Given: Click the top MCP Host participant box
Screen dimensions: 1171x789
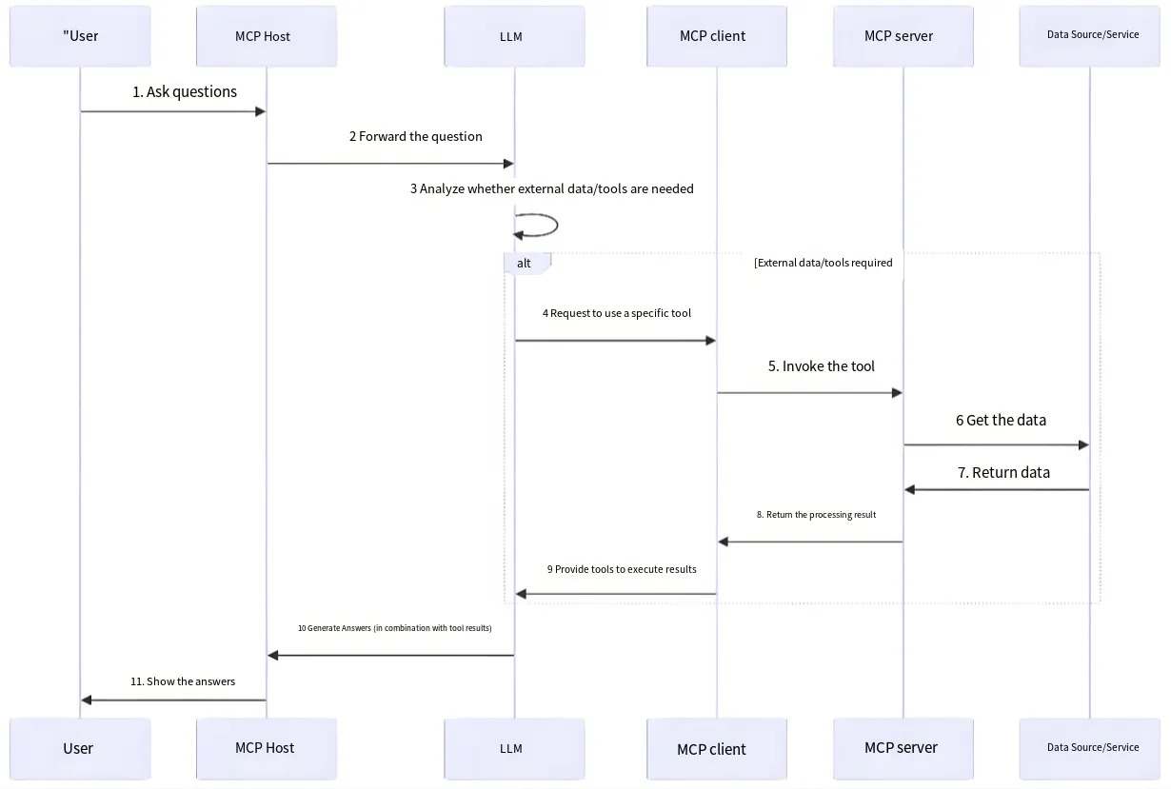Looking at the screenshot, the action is tap(267, 36).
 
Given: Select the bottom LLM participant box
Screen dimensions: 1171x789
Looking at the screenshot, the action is tap(514, 749).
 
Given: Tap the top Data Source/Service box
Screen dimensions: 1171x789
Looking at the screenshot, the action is tap(1090, 36).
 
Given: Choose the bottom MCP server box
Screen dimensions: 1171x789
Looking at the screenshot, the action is tap(903, 749).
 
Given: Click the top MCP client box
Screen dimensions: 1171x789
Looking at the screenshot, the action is tap(717, 36).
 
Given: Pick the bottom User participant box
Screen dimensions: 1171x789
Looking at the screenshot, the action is tap(80, 749).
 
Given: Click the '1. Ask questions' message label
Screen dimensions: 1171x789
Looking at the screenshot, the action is tap(185, 92).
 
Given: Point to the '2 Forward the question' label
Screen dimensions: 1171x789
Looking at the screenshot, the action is tap(416, 136).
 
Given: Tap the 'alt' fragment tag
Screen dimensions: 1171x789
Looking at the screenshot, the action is tap(524, 264).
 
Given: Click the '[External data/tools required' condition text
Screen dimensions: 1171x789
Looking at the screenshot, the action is tap(823, 263).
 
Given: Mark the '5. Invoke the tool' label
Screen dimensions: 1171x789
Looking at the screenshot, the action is tap(822, 366).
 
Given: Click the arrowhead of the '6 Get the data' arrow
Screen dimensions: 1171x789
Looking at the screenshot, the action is tap(1084, 445).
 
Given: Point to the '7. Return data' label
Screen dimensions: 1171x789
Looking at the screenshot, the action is tap(1003, 472).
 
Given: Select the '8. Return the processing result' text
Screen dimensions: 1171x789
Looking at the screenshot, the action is tap(816, 515).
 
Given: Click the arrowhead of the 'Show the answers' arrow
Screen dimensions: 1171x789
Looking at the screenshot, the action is tap(87, 700).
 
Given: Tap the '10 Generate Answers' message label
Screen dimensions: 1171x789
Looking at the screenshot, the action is tap(395, 628).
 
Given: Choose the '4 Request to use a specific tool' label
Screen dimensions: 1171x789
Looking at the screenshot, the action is tap(617, 313).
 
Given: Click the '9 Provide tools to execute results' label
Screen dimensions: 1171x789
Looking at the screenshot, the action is tap(622, 569).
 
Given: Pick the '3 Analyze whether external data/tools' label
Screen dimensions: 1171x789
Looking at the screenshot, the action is tap(552, 188).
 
